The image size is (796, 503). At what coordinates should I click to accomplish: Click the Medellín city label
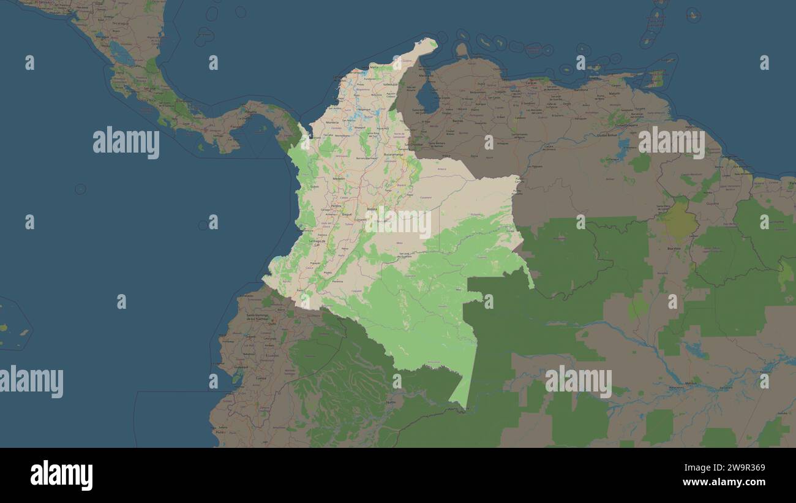(x=338, y=178)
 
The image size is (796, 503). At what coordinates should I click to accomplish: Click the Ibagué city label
(x=347, y=215)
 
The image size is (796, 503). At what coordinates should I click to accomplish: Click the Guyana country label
(x=712, y=203)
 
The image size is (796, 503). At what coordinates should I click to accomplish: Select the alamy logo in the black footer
(x=61, y=475)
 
